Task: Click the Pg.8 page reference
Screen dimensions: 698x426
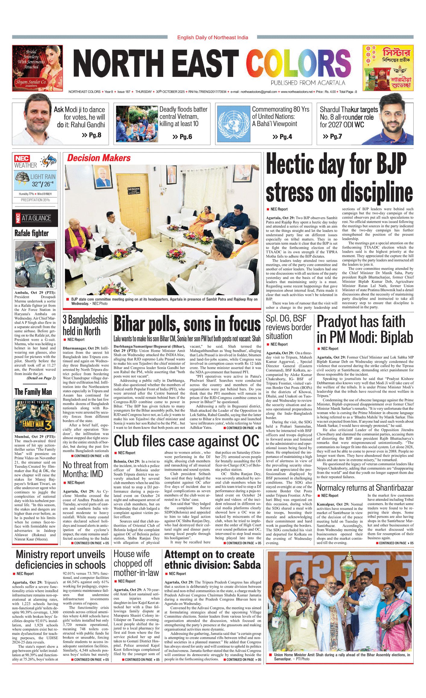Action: pos(92,135)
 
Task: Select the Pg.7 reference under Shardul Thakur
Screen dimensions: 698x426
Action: pos(332,137)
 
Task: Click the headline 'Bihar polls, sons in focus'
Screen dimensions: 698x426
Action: pos(187,324)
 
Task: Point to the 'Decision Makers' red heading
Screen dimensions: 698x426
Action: pos(99,158)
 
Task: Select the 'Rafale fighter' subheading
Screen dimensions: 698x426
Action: pos(32,233)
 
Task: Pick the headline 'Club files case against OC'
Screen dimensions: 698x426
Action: pos(186,441)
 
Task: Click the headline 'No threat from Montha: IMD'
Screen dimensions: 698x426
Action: pos(86,469)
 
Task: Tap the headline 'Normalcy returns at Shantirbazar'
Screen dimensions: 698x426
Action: pos(365,488)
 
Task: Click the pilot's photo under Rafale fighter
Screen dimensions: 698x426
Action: pos(35,264)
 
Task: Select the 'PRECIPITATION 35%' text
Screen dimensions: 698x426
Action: pos(35,200)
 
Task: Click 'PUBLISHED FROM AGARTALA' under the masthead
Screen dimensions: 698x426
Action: pos(308,83)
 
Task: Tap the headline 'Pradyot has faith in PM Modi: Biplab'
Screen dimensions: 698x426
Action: pos(365,329)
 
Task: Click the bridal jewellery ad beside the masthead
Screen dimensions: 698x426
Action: pos(37,68)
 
